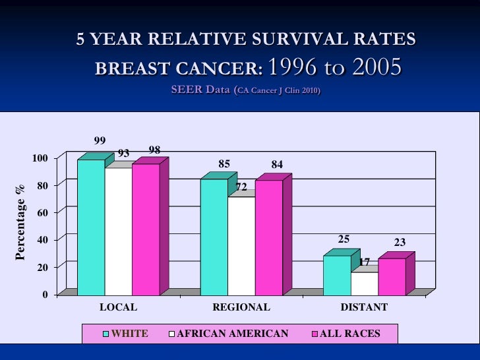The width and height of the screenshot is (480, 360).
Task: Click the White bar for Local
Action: tap(91, 227)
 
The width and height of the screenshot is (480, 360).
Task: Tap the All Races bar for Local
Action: tap(146, 229)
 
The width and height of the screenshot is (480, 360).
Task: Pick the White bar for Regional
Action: tap(214, 237)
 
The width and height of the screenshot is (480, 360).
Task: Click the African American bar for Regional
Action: tap(241, 245)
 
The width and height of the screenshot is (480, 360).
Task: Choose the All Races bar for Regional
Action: tap(269, 237)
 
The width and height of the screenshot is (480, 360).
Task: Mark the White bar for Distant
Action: tap(337, 275)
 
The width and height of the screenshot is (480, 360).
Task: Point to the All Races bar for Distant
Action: tap(392, 276)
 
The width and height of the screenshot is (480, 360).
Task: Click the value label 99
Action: tap(100, 140)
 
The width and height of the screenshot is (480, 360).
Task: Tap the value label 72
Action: tap(241, 187)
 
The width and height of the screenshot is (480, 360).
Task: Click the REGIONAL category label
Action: tap(241, 307)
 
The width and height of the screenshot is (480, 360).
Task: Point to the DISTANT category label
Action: tap(364, 307)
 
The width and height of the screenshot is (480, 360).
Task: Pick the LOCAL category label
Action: tap(118, 307)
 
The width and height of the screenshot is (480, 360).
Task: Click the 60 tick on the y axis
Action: tap(42, 212)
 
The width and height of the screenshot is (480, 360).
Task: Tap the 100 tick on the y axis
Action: tap(40, 158)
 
